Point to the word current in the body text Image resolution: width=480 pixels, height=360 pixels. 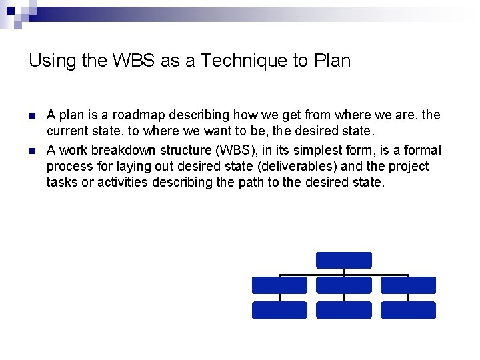(x=67, y=132)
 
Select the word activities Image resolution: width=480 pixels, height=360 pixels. (x=123, y=183)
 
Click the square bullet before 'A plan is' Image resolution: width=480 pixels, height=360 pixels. (x=32, y=116)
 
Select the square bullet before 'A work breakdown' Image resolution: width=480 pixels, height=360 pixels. (x=32, y=149)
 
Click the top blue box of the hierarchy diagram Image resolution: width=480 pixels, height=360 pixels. (x=343, y=260)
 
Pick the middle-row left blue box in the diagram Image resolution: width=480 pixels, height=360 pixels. (x=279, y=285)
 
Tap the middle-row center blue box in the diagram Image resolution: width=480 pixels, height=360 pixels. (x=343, y=285)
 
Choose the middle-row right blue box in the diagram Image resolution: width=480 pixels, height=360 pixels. (x=408, y=285)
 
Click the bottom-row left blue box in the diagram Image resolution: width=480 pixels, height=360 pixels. (x=279, y=310)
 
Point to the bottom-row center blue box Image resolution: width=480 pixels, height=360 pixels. (x=343, y=310)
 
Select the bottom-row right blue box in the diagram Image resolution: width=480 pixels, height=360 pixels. (x=408, y=310)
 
